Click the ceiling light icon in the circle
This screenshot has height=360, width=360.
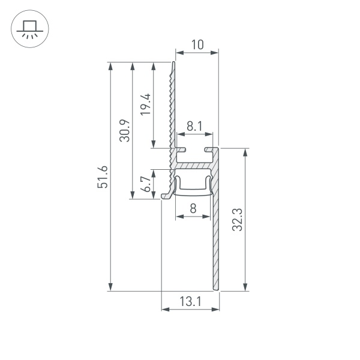(28, 28)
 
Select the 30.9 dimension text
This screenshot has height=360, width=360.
(124, 131)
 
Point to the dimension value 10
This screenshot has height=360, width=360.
(197, 44)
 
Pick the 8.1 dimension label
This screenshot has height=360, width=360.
(195, 127)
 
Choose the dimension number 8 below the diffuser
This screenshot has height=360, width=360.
(193, 209)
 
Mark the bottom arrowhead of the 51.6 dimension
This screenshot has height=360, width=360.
(110, 287)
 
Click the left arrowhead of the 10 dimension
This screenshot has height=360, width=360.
(178, 53)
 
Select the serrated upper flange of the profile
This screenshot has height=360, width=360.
(173, 102)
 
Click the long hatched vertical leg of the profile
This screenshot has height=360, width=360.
(216, 240)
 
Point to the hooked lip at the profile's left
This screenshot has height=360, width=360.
(166, 194)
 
